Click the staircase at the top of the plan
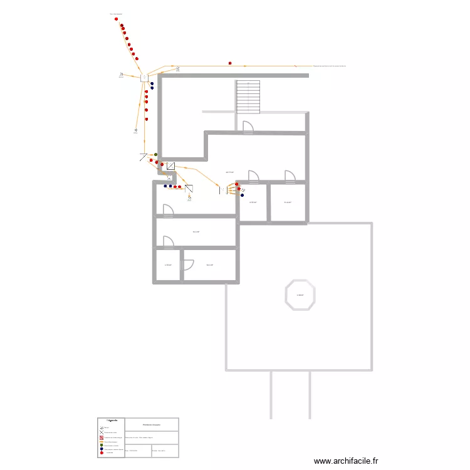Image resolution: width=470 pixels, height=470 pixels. (248, 97)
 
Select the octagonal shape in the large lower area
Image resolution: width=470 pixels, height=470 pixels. (301, 295)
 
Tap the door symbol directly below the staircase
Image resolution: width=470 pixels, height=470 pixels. (247, 127)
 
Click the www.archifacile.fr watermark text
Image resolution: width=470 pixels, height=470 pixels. (347, 461)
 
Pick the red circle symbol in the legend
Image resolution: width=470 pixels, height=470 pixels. (102, 452)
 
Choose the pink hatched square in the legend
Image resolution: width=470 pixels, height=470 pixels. (102, 437)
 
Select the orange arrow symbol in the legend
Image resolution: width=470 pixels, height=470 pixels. (102, 441)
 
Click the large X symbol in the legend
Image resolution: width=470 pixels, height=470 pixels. (102, 432)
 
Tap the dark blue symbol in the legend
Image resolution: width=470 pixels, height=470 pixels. (102, 449)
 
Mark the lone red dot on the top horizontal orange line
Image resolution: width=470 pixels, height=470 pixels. (230, 63)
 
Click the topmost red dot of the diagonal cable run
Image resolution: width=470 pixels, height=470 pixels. (117, 19)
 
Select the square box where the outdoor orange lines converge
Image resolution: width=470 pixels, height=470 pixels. (144, 77)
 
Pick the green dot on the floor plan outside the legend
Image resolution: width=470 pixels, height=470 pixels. (156, 154)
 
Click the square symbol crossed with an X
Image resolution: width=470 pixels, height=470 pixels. (170, 166)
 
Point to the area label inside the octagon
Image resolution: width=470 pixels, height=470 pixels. (301, 295)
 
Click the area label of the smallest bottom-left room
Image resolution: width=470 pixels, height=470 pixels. (168, 265)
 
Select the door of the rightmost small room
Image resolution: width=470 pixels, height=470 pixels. (290, 177)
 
